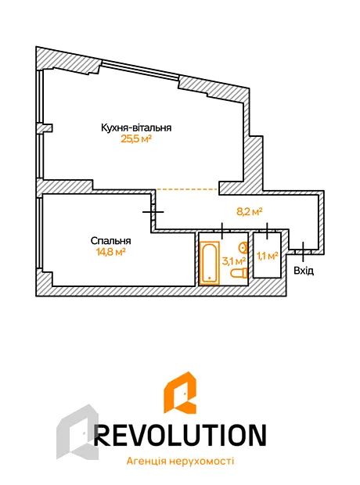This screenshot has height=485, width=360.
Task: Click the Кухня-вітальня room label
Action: click(136, 128)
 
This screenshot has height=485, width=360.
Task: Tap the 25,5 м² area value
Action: click(136, 139)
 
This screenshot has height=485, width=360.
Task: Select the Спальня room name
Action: click(111, 241)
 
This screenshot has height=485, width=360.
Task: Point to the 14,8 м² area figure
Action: click(111, 252)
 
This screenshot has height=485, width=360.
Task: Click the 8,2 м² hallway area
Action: click(250, 212)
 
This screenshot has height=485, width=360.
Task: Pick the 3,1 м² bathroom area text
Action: click(234, 261)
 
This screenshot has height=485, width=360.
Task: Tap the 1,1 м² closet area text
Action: click(267, 256)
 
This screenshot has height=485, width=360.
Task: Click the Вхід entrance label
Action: click(304, 271)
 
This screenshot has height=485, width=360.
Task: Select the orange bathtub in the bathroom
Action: click(210, 263)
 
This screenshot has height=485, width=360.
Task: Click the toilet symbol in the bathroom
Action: click(239, 273)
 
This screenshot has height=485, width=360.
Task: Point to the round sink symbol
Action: click(243, 247)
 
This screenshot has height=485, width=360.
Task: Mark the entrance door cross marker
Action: click(303, 251)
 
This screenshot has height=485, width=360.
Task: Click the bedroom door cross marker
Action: click(153, 212)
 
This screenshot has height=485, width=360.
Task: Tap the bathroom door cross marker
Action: click(222, 230)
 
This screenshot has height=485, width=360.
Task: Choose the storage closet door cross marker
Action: click(267, 231)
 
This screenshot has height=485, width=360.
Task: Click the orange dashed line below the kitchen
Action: click(187, 189)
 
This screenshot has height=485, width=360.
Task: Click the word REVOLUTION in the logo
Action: click(180, 435)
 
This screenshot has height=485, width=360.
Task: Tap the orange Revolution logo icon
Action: click(179, 392)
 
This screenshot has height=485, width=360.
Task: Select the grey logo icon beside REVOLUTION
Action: click(77, 432)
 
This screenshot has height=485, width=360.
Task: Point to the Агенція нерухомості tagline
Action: click(180, 462)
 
